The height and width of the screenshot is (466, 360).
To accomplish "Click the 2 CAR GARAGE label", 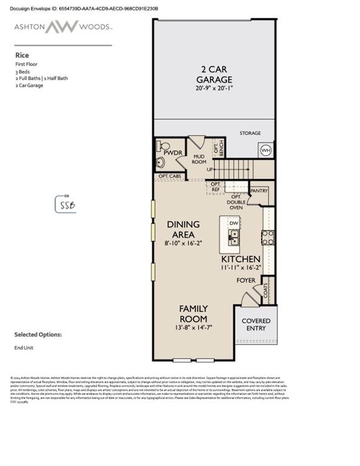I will click(x=214, y=74).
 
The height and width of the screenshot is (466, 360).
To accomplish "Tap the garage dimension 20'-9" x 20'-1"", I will click(x=214, y=89).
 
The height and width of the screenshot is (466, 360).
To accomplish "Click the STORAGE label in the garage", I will click(x=250, y=133).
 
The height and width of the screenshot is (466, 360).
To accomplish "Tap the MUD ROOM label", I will click(x=200, y=160).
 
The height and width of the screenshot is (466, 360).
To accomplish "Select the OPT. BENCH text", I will click(x=218, y=149).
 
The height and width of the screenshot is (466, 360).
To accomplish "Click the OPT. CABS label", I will click(x=169, y=176).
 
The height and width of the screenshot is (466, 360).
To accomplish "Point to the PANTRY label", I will click(x=259, y=190).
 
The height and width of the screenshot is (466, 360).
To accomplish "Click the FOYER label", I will click(x=246, y=281).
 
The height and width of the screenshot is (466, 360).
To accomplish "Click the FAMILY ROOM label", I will click(x=193, y=314).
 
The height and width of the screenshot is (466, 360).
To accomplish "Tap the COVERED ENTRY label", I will click(x=256, y=325).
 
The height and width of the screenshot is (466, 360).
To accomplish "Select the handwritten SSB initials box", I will click(x=66, y=204).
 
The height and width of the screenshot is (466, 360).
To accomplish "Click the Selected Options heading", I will click(x=38, y=334).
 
